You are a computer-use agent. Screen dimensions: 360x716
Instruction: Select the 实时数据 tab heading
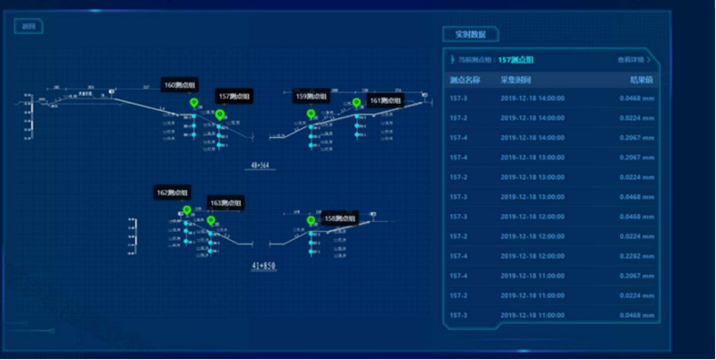coord(470,35)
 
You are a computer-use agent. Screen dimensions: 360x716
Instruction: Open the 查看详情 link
coord(634,60)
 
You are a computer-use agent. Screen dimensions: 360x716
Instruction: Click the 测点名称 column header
coord(465,80)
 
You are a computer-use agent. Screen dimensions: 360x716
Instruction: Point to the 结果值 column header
coord(642,80)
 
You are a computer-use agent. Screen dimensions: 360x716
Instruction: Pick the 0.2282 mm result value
coord(636,256)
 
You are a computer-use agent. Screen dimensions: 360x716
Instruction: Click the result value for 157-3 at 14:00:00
coord(636,99)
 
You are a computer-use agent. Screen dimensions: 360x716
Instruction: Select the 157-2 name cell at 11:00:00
coord(459,296)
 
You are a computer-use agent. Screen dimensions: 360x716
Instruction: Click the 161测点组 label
coord(387,100)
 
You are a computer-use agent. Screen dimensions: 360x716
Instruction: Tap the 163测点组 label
coord(226,203)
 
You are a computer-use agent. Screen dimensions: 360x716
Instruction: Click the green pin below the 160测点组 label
coord(193,105)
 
